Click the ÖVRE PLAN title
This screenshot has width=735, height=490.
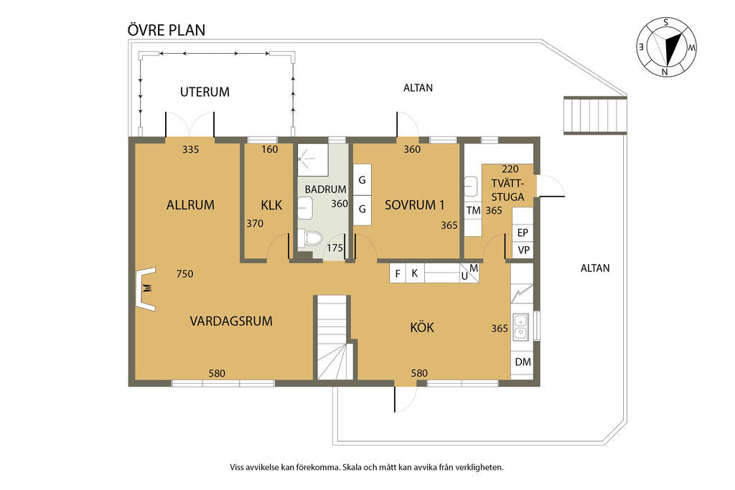167,30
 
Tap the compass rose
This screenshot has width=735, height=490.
666,47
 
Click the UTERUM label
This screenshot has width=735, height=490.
205,92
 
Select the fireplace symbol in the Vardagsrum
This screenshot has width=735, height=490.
146,289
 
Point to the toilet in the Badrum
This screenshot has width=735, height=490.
310,238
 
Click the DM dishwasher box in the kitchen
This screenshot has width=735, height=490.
523,362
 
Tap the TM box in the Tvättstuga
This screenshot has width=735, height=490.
474,211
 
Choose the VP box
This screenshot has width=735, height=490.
523,250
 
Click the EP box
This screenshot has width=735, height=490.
523,232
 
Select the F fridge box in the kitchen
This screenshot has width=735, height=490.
398,273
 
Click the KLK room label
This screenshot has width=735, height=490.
271,204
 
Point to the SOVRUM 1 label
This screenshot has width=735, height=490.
414,204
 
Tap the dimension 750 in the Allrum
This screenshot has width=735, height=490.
184,273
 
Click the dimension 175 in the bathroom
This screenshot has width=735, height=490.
334,248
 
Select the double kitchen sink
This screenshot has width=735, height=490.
521,326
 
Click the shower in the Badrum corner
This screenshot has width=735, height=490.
313,160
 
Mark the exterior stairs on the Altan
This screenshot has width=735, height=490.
595,116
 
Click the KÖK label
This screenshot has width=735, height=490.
422,327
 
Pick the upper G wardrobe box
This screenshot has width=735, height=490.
362,179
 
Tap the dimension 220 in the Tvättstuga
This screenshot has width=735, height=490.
510,169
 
